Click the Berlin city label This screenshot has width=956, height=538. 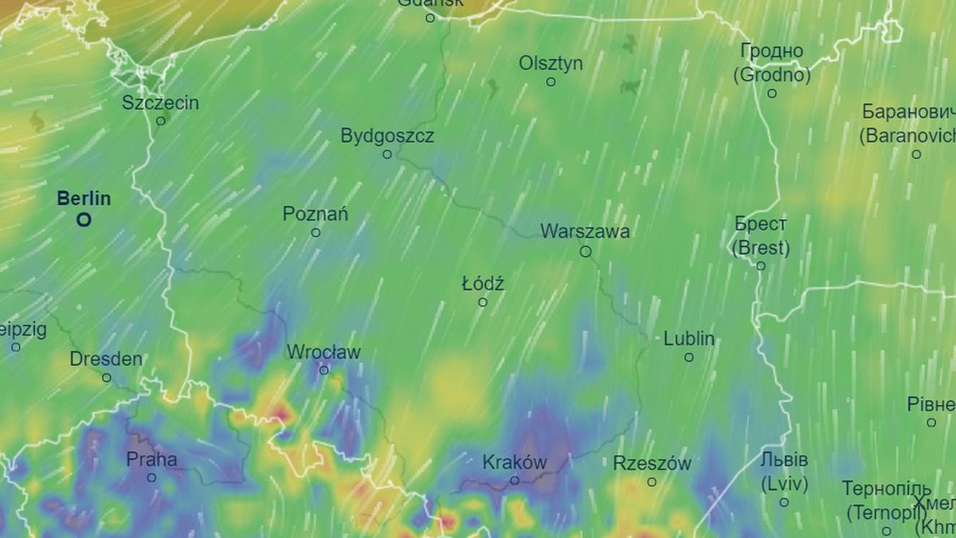(x=84, y=198)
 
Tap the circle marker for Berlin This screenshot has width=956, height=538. (x=83, y=219)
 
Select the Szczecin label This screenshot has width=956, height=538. (x=161, y=103)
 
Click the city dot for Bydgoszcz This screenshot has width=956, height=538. (x=387, y=154)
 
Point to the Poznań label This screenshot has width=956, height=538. (x=315, y=214)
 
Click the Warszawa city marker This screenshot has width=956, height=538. (x=586, y=251)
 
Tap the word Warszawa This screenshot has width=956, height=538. (x=585, y=232)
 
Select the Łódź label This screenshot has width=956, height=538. (x=483, y=284)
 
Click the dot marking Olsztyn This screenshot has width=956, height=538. (x=550, y=81)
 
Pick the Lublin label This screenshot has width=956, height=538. (x=689, y=339)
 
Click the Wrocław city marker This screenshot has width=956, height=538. (x=324, y=370)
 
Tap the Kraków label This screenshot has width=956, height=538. (x=515, y=462)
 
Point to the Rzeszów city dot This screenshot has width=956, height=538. (x=652, y=481)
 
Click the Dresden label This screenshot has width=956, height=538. (x=106, y=359)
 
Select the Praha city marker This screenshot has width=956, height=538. (x=151, y=477)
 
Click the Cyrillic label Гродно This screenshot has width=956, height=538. (x=771, y=51)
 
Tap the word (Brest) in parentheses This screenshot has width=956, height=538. (x=761, y=248)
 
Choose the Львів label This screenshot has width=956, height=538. (x=784, y=461)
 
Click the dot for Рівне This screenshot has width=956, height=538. (x=931, y=422)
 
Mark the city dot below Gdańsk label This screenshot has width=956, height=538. (x=430, y=18)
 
